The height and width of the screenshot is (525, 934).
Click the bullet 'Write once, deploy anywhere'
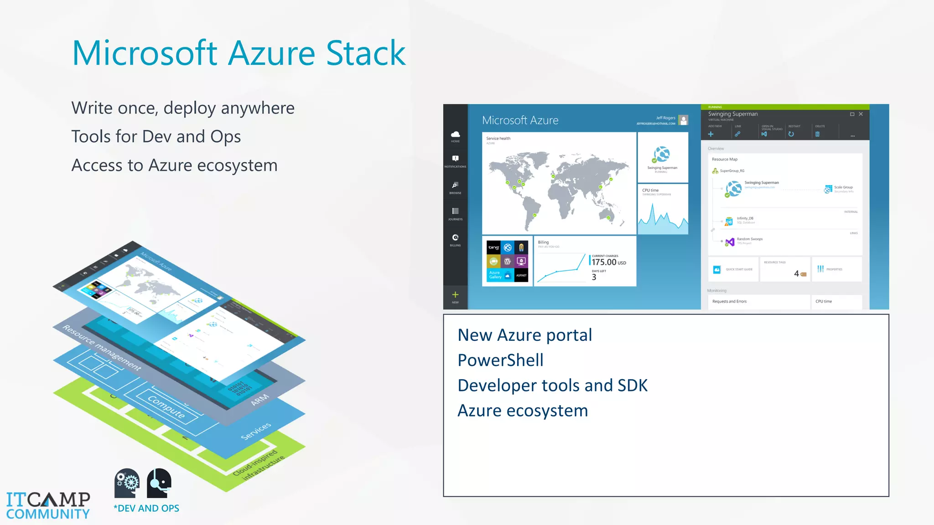click(183, 108)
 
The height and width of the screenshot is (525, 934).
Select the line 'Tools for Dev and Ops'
click(156, 137)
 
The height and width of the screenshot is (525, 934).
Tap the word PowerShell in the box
click(500, 360)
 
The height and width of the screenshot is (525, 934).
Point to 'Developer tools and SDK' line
click(552, 386)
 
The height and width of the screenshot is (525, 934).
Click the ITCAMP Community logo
click(48, 505)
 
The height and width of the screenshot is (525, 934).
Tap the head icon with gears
click(127, 483)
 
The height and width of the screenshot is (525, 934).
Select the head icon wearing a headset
click(159, 483)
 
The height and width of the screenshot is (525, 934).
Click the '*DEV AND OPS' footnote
click(146, 509)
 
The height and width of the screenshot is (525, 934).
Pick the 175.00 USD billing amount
click(608, 262)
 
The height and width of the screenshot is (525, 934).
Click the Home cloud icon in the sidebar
click(455, 134)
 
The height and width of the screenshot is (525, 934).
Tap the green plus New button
click(455, 295)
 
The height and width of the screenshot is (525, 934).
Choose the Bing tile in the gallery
click(493, 247)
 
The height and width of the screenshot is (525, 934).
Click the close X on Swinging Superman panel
click(861, 114)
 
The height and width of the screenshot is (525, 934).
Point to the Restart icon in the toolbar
click(791, 134)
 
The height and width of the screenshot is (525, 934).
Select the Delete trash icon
click(817, 134)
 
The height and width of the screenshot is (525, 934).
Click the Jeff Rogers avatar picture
click(683, 120)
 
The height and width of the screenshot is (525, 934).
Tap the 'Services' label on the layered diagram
click(256, 431)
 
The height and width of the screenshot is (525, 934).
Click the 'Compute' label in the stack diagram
click(166, 407)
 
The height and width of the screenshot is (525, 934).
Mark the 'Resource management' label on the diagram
click(102, 348)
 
